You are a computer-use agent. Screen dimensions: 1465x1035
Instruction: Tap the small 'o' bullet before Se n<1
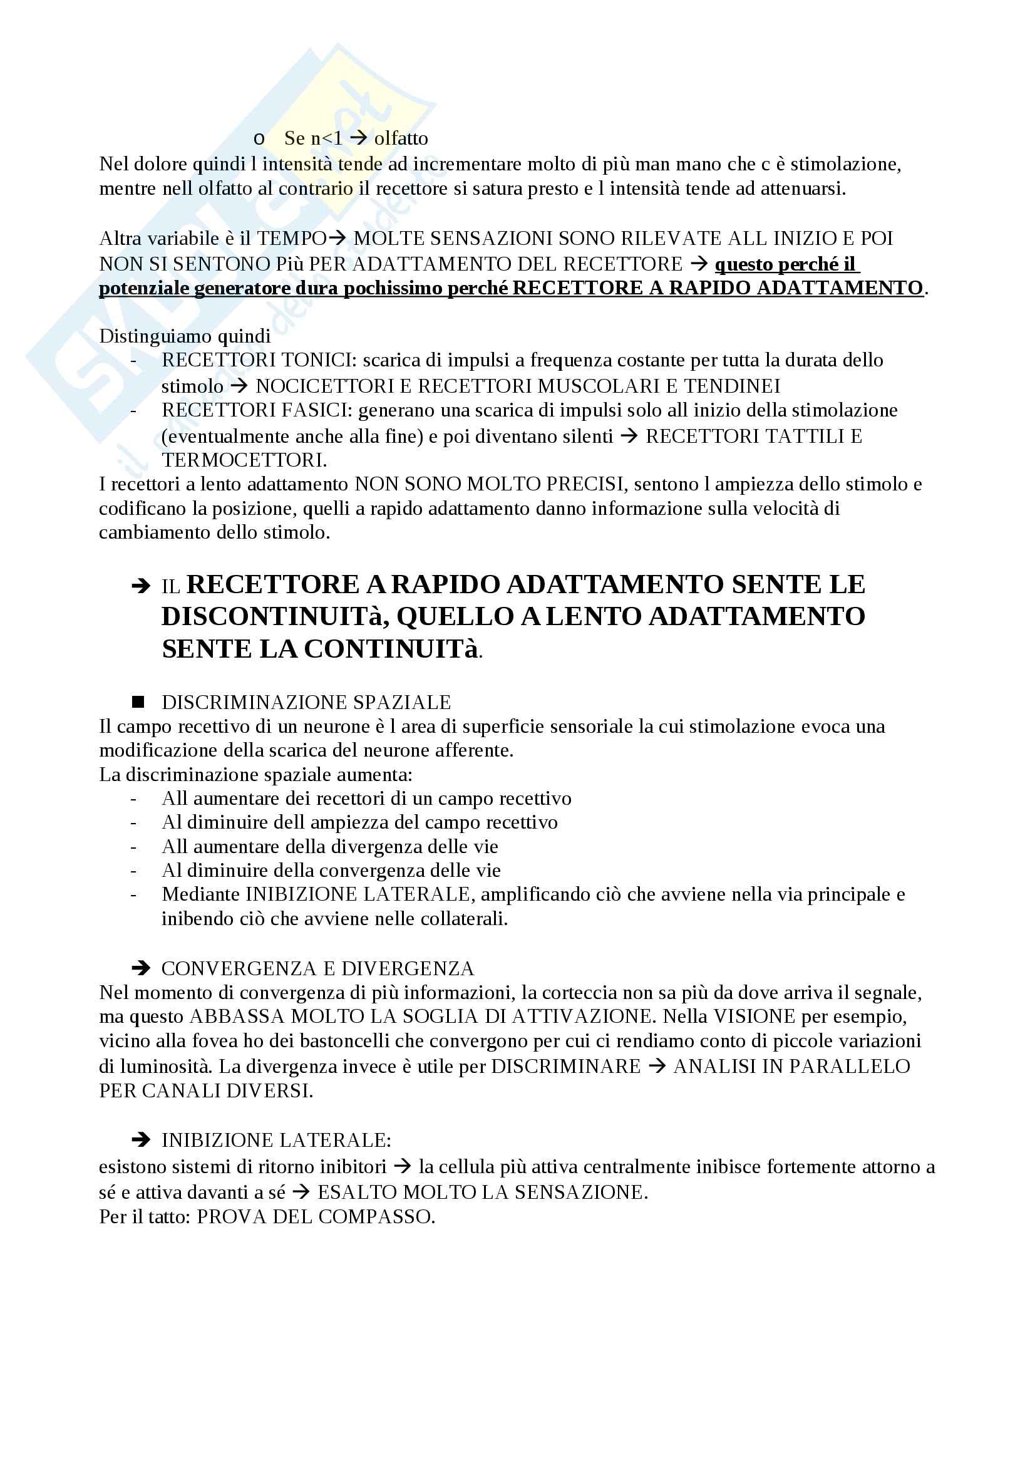coord(259,139)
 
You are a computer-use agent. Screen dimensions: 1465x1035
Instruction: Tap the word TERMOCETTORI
coord(243,460)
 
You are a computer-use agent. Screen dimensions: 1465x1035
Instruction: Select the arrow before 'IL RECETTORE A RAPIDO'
coord(140,586)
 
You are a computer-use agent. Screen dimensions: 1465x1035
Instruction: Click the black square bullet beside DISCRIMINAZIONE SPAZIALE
coord(138,703)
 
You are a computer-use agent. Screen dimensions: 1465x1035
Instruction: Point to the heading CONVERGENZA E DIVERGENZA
coord(317,968)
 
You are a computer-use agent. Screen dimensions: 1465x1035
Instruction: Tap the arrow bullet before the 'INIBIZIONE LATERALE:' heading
coord(140,1140)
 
